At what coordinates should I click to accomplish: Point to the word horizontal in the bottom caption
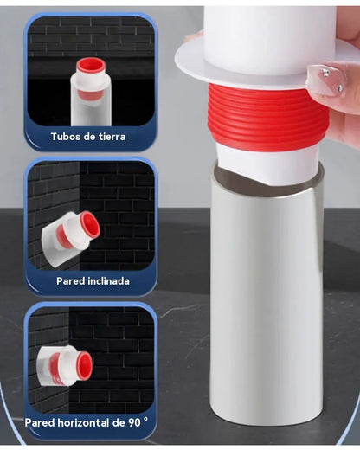[83, 422]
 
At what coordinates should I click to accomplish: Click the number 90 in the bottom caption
[134, 422]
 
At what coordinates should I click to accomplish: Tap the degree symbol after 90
[145, 420]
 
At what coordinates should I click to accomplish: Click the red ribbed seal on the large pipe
[267, 117]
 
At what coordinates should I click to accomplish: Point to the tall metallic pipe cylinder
[267, 292]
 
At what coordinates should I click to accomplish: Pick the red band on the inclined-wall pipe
[63, 237]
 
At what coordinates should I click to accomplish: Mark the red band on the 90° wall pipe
[55, 366]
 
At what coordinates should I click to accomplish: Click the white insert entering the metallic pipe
[267, 164]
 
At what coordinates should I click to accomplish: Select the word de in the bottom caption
[119, 422]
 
